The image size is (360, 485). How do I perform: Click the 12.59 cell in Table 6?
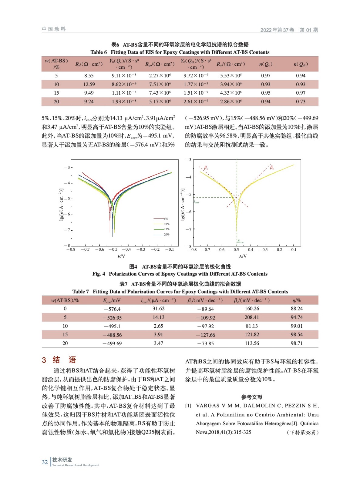pyautogui.click(x=89, y=84)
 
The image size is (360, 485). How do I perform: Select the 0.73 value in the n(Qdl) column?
pyautogui.click(x=301, y=102)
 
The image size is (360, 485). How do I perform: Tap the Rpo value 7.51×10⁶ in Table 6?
pyautogui.click(x=160, y=84)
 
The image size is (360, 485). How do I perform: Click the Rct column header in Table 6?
pyautogui.click(x=230, y=64)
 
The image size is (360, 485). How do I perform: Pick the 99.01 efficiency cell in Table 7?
pyautogui.click(x=296, y=326)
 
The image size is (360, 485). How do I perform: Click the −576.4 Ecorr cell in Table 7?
pyautogui.click(x=112, y=309)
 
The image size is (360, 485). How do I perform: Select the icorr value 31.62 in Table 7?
pyautogui.click(x=158, y=309)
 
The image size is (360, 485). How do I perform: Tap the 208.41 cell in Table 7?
pyautogui.click(x=252, y=317)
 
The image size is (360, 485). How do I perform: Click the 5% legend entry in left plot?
pyautogui.click(x=166, y=219)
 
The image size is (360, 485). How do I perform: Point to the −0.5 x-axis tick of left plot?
pyautogui.click(x=113, y=249)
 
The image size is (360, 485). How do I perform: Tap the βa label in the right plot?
pyautogui.click(x=271, y=167)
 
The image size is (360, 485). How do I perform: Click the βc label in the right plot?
pyautogui.click(x=206, y=168)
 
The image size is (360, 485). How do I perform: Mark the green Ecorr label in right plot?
pyautogui.click(x=240, y=242)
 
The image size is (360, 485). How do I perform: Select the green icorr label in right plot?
pyautogui.click(x=197, y=202)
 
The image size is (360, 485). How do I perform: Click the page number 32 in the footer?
pyautogui.click(x=45, y=462)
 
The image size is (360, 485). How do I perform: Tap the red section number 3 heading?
pyautogui.click(x=44, y=360)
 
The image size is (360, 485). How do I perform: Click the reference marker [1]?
pyautogui.click(x=188, y=406)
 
